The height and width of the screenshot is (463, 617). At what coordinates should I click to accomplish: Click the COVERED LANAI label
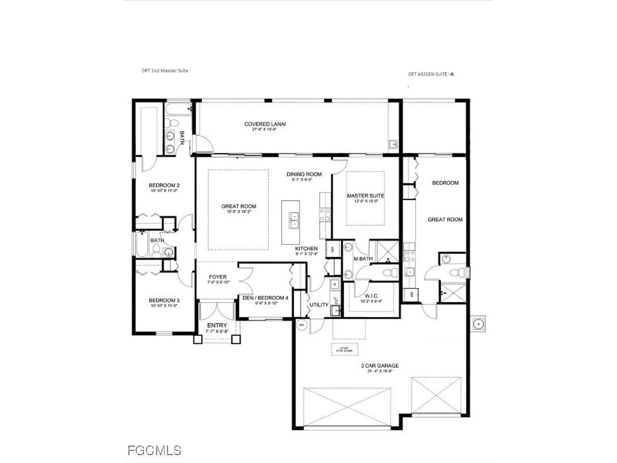(265, 124)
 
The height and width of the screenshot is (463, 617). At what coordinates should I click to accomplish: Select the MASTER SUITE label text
(365, 196)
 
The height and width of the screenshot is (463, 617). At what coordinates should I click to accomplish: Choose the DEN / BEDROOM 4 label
(265, 298)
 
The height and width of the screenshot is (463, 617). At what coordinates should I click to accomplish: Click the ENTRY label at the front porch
(217, 326)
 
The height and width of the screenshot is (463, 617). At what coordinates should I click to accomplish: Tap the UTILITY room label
(319, 305)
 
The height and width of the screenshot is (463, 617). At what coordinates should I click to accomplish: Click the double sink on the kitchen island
(294, 221)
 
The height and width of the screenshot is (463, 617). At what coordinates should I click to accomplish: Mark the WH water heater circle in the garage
(301, 324)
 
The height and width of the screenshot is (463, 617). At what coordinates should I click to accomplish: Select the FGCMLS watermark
(154, 450)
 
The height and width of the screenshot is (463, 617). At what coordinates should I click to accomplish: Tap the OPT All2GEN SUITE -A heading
(431, 74)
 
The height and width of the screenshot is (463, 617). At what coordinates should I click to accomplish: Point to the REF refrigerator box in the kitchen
(331, 248)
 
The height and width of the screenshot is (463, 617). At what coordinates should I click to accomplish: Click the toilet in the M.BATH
(363, 273)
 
